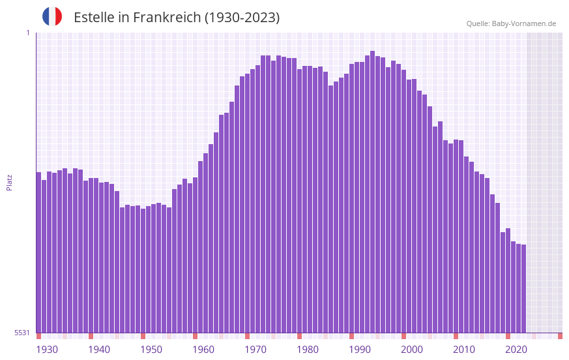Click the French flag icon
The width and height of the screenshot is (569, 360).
(52, 16)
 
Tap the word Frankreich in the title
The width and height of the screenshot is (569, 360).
(167, 18)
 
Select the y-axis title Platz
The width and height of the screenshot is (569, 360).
(9, 182)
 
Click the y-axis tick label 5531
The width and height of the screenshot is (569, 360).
(22, 333)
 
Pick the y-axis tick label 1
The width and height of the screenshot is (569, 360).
(27, 33)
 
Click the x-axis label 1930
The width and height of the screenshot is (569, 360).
(47, 350)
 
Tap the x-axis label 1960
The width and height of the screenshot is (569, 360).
(203, 350)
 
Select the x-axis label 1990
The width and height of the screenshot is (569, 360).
(360, 350)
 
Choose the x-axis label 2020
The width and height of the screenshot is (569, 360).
(516, 350)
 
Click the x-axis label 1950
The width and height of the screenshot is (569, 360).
(151, 350)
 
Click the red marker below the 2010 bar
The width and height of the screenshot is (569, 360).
(456, 336)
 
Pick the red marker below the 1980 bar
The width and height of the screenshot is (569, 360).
(299, 336)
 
